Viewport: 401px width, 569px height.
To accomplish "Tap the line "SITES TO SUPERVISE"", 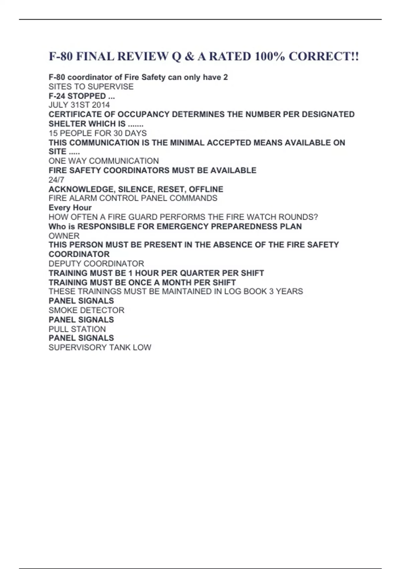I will point(91,87).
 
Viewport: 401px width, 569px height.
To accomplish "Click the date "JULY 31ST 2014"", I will point(79,105).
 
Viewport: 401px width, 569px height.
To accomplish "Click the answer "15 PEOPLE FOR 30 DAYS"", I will point(98,133).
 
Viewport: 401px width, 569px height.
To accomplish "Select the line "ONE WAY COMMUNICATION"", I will point(104,161).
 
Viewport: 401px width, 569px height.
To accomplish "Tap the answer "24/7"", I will point(56,180).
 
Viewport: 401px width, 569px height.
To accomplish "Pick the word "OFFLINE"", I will point(206,189).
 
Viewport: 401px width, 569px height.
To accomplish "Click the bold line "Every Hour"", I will point(70,208).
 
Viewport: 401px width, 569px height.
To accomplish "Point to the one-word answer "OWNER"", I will point(64,236).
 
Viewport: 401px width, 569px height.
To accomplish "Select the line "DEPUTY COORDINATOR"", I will point(96,264).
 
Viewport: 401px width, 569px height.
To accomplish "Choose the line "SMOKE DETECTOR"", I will point(86,310).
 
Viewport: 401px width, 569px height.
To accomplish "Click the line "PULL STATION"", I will point(77,329).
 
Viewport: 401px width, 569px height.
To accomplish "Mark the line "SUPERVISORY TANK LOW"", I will point(100,347).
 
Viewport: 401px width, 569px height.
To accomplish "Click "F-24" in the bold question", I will point(57,96).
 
